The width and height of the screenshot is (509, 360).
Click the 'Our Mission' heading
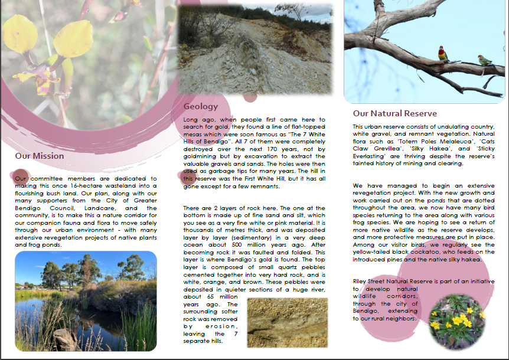tap(40, 156)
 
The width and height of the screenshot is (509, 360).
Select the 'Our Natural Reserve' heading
tap(394, 113)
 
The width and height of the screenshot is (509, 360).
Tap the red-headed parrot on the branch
tap(442, 54)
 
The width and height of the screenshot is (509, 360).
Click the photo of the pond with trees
tap(86, 301)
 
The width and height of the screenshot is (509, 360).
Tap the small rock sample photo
tap(287, 322)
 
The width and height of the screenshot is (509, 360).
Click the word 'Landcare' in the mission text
tap(107, 208)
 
